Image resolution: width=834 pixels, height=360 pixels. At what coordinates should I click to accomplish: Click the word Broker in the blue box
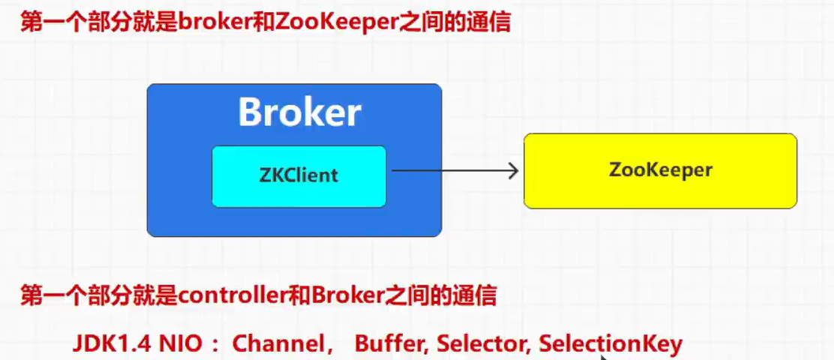coord(299,112)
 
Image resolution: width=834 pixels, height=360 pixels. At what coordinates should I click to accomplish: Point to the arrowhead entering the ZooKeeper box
coord(514,171)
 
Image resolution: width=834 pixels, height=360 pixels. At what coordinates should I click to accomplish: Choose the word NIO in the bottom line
coord(181,343)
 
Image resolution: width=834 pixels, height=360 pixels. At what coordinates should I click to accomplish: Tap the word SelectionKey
coord(610,343)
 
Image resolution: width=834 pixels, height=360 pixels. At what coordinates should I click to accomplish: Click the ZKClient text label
coord(298,175)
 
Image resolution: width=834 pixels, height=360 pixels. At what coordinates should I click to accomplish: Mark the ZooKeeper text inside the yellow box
coord(660,169)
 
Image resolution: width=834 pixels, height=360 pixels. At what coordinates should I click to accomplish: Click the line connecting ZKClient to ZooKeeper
coord(450,171)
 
